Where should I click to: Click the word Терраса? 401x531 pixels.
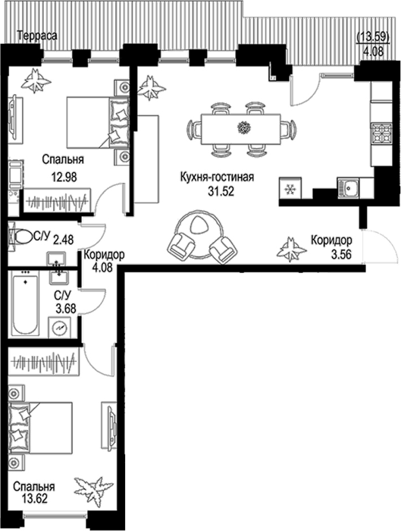[37, 36]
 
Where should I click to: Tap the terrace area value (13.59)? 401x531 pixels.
[374, 36]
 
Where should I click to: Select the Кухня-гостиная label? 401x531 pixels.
[217, 177]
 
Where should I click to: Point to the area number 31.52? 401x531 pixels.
[221, 191]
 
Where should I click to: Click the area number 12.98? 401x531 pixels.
[64, 177]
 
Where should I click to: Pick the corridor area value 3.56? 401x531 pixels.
[341, 253]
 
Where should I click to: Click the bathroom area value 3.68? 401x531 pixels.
[66, 309]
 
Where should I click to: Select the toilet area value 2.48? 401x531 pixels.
[63, 240]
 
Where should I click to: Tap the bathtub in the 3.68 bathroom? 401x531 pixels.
[25, 303]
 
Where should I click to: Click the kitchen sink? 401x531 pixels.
[348, 188]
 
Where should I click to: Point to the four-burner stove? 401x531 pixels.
[381, 134]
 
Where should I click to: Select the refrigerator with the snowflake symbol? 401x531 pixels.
[290, 189]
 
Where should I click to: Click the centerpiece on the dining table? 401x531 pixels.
[243, 127]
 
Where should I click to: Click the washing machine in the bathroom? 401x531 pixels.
[60, 327]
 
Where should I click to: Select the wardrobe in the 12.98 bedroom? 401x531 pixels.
[58, 200]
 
